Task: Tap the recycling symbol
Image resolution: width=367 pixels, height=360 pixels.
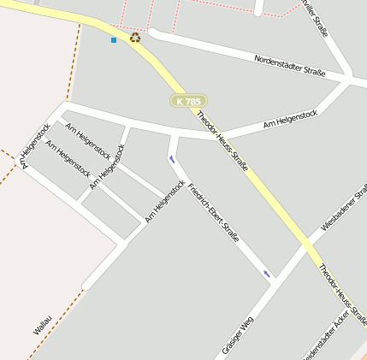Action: pos(135,38)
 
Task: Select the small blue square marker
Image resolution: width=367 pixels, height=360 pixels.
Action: pos(114,39)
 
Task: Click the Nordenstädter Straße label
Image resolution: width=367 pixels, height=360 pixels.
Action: pos(290,66)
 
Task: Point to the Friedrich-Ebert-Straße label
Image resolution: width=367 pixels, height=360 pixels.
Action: pos(213,213)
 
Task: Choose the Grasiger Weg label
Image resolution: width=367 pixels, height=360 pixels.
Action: pos(238,334)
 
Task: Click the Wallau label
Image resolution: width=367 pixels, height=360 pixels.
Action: pos(42,325)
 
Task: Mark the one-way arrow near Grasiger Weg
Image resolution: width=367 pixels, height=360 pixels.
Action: pos(267,274)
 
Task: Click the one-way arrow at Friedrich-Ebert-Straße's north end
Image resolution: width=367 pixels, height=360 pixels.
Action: pos(172,159)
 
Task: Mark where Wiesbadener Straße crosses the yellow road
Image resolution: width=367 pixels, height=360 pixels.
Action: pos(306,245)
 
